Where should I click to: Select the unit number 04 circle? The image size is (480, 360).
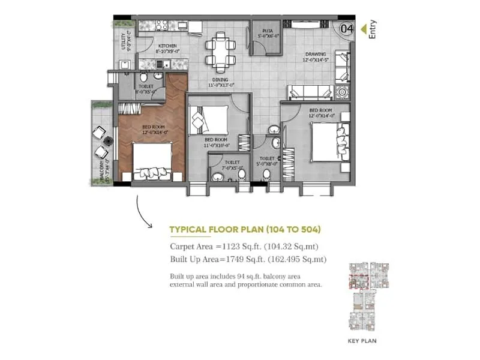coord(346,28)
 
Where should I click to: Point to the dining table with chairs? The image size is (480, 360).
coord(218,51)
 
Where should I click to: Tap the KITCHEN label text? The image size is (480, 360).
coord(167,47)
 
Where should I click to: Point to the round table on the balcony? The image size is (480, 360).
coord(109,142)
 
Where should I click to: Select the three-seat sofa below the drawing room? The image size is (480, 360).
coord(310,92)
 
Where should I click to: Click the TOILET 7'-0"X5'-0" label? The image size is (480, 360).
coord(232,163)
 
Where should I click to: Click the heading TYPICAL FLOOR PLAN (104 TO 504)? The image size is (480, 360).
coord(245,229)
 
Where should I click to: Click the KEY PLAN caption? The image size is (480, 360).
coord(362,340)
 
